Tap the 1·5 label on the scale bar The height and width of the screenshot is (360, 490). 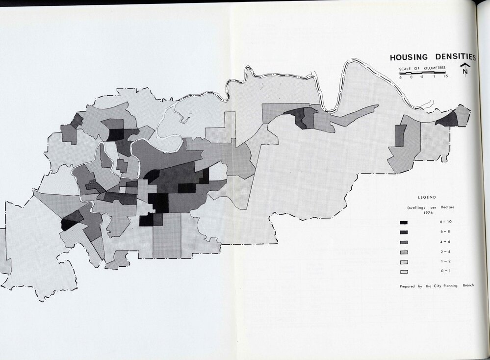click(x=445, y=77)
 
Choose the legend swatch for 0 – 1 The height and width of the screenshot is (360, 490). click(x=406, y=271)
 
